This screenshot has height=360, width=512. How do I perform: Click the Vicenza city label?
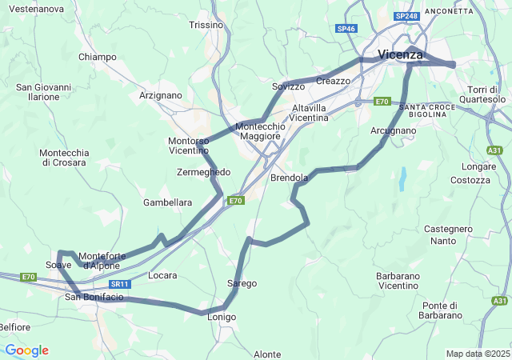pyautogui.click(x=400, y=54)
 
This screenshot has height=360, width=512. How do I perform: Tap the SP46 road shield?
pyautogui.click(x=346, y=28)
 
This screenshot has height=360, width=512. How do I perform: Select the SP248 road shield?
pyautogui.click(x=406, y=16)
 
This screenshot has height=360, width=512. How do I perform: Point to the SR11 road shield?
pyautogui.click(x=119, y=284)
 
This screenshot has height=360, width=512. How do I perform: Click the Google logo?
pyautogui.click(x=26, y=350)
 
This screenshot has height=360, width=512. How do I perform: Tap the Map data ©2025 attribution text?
pyautogui.click(x=477, y=354)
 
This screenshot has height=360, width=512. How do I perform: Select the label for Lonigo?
pyautogui.click(x=222, y=318)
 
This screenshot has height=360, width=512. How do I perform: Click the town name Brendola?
pyautogui.click(x=289, y=177)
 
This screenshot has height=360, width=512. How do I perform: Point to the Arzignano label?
pyautogui.click(x=160, y=95)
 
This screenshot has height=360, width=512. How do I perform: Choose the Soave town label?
pyautogui.click(x=58, y=265)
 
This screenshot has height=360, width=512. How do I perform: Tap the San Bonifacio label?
pyautogui.click(x=94, y=298)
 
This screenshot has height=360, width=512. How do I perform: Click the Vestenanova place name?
pyautogui.click(x=35, y=9)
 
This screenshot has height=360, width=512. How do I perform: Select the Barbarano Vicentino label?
pyautogui.click(x=386, y=281)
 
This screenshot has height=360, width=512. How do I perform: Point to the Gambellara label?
pyautogui.click(x=167, y=202)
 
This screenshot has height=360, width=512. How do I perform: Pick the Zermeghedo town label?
pyautogui.click(x=203, y=172)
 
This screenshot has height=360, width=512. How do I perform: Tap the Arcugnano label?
pyautogui.click(x=394, y=130)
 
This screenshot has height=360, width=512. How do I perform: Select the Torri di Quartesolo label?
pyautogui.click(x=482, y=94)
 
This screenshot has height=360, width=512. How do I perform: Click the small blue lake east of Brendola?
pyautogui.click(x=402, y=178)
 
